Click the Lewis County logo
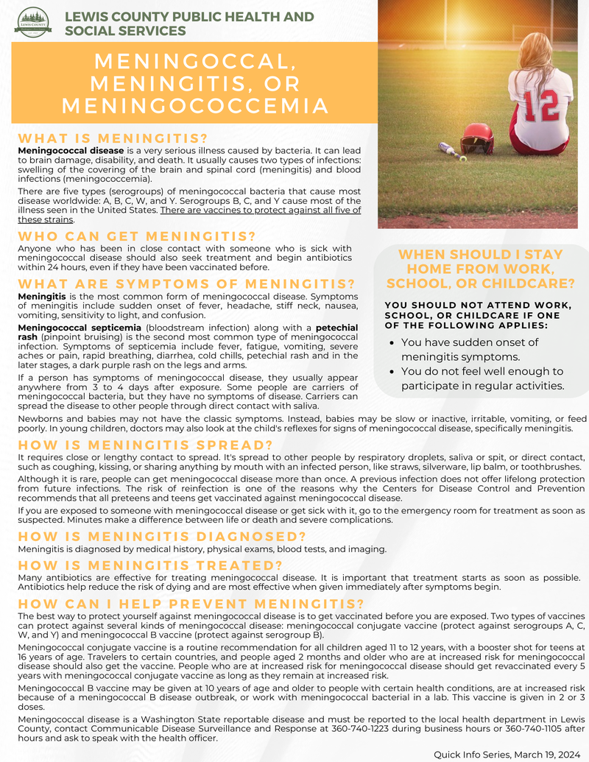click(33, 23)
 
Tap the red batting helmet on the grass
click(477, 138)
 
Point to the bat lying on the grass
click(448, 149)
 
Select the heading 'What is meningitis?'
click(113, 138)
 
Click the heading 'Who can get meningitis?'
click(136, 236)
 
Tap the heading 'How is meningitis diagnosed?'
click(162, 536)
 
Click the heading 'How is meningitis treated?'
click(150, 565)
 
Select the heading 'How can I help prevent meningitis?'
click(191, 604)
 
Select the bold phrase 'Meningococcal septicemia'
click(80, 327)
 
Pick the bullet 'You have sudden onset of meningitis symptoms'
click(470, 350)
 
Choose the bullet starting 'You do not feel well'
click(482, 378)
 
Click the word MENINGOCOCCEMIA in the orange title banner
click(194, 106)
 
